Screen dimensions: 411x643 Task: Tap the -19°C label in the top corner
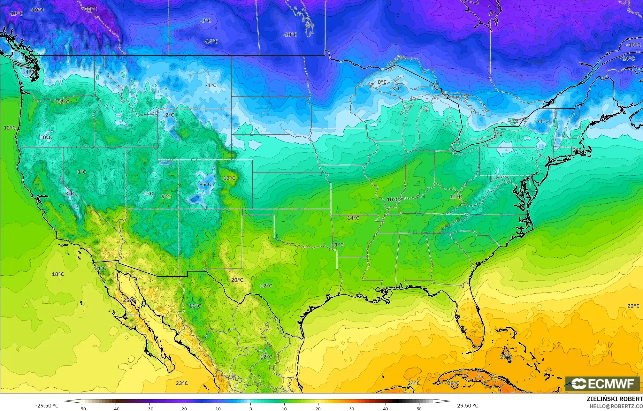pyautogui.click(x=16, y=13)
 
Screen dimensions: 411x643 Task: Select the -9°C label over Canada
pyautogui.click(x=205, y=20)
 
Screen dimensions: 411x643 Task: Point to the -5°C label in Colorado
pyautogui.click(x=206, y=184)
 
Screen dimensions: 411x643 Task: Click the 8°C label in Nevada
pyautogui.click(x=81, y=172)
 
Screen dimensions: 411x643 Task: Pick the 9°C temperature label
pyautogui.click(x=166, y=197)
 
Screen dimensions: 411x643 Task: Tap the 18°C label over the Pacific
pyautogui.click(x=58, y=274)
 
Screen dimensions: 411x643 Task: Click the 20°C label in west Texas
pyautogui.click(x=237, y=280)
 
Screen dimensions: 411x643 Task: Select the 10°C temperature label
pyautogui.click(x=393, y=200)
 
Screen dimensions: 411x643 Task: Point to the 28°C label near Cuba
pyautogui.click(x=453, y=383)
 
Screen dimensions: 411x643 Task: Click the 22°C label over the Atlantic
pyautogui.click(x=633, y=306)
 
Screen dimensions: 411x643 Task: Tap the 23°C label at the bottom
pyautogui.click(x=182, y=383)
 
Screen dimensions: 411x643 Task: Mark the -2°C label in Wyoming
pyautogui.click(x=168, y=115)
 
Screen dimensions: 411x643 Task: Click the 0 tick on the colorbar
pyautogui.click(x=250, y=408)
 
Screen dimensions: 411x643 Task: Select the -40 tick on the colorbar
pyautogui.click(x=115, y=408)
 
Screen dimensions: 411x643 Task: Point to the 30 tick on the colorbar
pyautogui.click(x=351, y=408)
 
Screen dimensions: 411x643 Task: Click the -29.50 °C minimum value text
pyautogui.click(x=47, y=406)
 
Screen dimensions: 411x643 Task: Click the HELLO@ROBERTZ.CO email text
pyautogui.click(x=616, y=406)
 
